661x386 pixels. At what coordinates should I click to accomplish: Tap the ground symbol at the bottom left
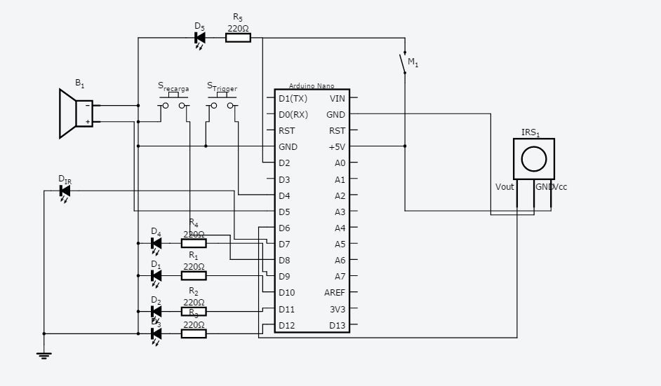click(x=44, y=355)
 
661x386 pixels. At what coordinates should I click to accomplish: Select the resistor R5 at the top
click(x=238, y=38)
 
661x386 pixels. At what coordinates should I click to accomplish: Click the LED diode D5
click(x=200, y=38)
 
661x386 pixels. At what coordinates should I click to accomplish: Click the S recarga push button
click(x=173, y=105)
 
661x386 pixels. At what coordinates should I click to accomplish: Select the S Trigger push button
click(x=222, y=105)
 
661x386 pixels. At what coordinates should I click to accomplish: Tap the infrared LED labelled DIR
click(x=65, y=190)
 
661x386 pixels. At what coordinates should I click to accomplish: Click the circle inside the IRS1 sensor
click(x=534, y=158)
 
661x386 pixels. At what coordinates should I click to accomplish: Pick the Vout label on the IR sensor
click(x=505, y=187)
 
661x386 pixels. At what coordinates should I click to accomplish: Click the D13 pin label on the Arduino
click(x=338, y=325)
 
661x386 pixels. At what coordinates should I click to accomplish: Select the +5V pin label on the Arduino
click(x=337, y=147)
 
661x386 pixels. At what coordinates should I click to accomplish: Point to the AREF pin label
click(x=335, y=293)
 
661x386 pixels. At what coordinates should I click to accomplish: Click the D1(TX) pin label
click(x=293, y=98)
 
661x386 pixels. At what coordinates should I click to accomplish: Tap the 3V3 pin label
click(x=338, y=309)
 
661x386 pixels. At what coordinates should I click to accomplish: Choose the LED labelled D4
click(x=156, y=244)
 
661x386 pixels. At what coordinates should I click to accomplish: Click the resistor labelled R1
click(x=194, y=276)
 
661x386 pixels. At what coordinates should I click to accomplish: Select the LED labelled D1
click(x=156, y=276)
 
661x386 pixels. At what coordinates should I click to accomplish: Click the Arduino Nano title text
click(x=312, y=86)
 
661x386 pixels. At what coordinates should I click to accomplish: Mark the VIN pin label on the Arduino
click(x=338, y=98)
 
